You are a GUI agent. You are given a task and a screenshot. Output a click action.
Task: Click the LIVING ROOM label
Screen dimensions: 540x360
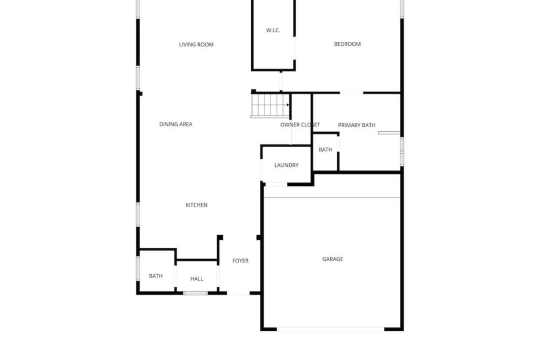tap(196, 44)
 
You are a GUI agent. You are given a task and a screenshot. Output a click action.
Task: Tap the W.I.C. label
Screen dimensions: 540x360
tap(273, 30)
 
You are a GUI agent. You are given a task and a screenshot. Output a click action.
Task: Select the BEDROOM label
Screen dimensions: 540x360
tap(347, 44)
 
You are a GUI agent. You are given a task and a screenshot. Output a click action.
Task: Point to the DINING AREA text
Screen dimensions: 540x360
tap(176, 124)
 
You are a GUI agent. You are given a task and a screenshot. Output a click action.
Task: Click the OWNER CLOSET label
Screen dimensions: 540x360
tap(300, 124)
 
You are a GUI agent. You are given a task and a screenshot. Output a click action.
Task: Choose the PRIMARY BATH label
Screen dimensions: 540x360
tap(357, 125)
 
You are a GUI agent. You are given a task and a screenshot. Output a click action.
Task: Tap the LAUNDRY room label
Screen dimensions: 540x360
tap(286, 165)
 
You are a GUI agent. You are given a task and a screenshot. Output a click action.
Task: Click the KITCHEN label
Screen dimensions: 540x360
tap(196, 205)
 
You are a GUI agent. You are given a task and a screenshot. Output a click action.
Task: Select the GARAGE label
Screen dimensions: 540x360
tap(332, 259)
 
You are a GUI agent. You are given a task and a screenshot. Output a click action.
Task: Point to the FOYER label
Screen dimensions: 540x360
tap(240, 261)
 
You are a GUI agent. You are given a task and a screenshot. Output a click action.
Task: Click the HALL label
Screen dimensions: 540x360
tap(197, 278)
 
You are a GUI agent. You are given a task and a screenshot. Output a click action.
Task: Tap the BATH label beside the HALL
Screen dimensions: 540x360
tap(155, 276)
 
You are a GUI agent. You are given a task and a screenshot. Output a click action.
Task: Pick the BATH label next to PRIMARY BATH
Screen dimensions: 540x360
tap(325, 149)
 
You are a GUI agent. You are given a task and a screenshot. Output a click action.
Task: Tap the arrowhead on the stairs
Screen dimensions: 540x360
tap(288, 104)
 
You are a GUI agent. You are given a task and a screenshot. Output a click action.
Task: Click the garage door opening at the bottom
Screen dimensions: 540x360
tap(330, 329)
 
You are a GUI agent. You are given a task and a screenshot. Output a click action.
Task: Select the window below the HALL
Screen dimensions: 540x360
tap(195, 293)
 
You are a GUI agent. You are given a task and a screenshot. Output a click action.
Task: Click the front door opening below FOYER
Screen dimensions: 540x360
tap(238, 293)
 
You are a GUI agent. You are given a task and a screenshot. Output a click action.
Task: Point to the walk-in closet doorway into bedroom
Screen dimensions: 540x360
tap(294, 48)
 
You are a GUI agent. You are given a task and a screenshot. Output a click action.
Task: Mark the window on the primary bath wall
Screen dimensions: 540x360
tap(402, 151)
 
